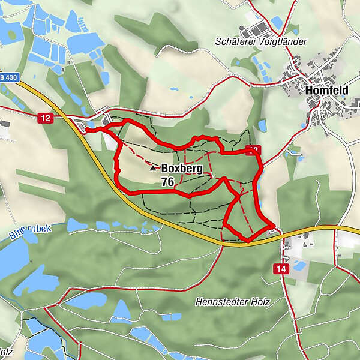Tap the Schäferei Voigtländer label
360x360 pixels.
[x=261, y=42]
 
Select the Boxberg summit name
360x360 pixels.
[x=182, y=169]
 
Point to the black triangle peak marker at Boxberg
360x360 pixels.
[x=153, y=169]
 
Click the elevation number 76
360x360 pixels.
[x=167, y=181]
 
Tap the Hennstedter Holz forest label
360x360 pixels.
[x=232, y=302]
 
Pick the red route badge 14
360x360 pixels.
[x=281, y=269]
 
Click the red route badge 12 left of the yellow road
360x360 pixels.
[x=45, y=118]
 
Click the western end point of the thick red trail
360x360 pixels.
[x=86, y=130]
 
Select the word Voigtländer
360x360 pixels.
[x=281, y=42]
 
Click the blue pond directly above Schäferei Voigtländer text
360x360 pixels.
[x=277, y=22]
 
